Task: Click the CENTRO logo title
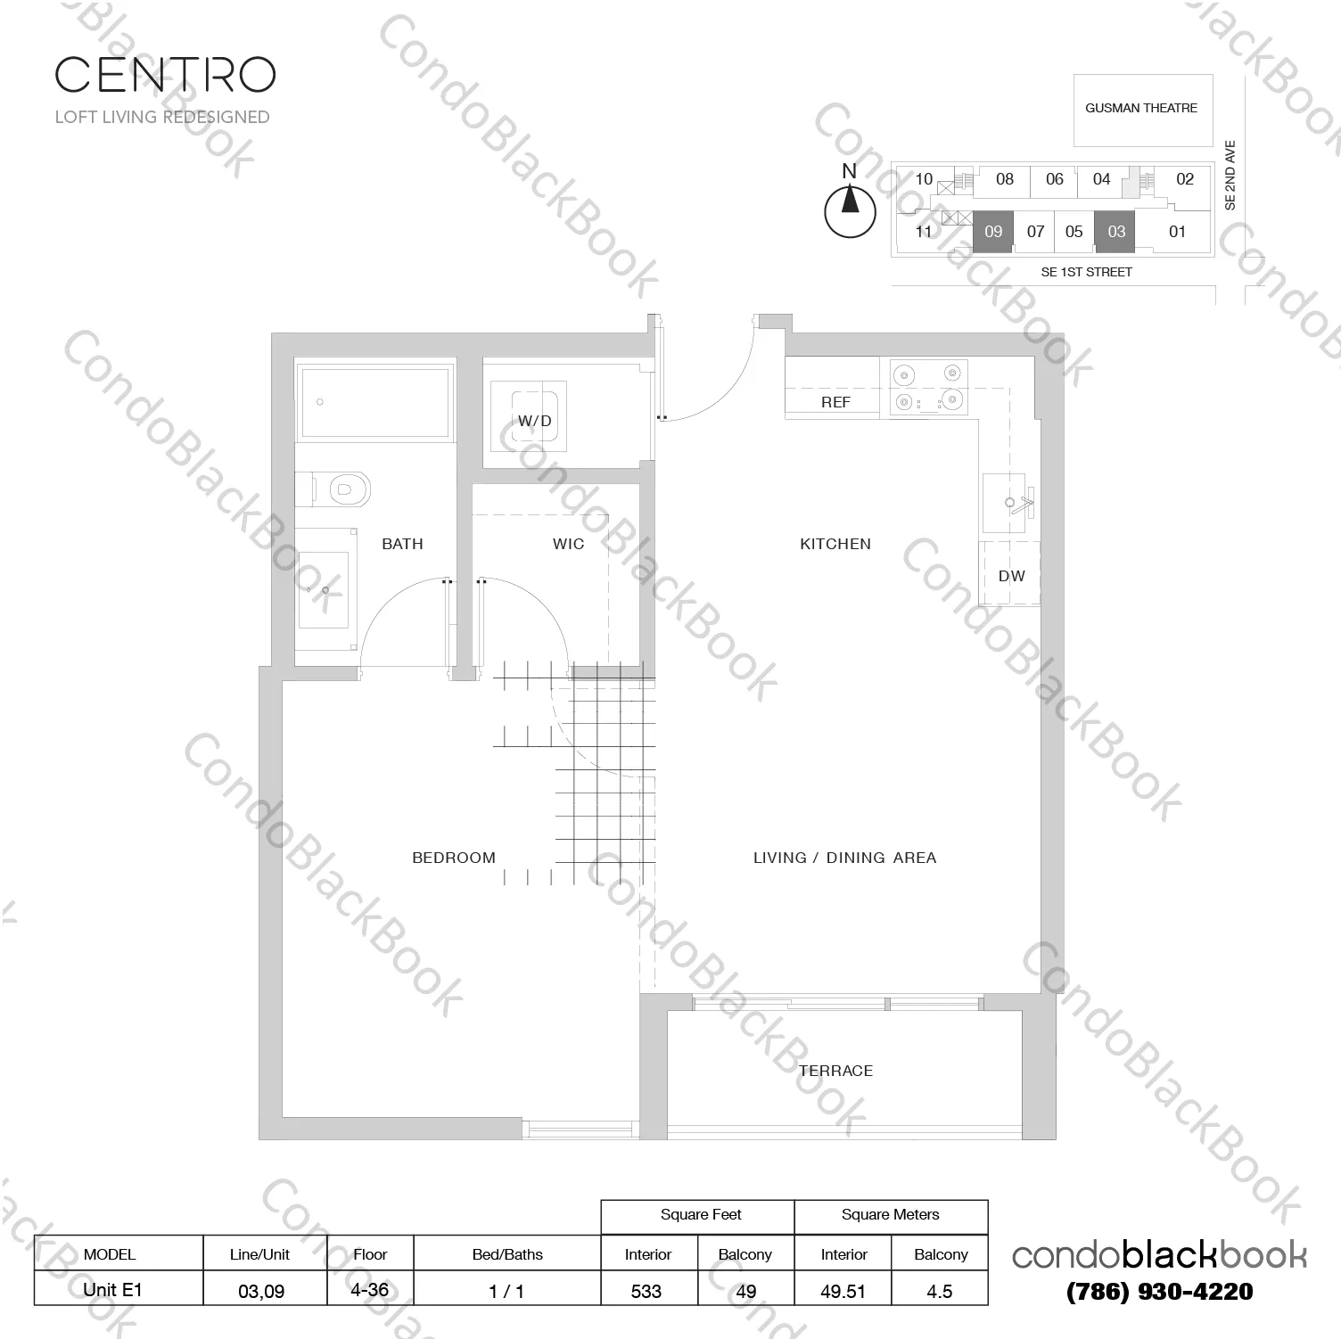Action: coord(165,75)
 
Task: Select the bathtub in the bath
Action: coord(374,402)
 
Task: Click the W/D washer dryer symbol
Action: coord(535,420)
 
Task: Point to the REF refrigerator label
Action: coord(835,402)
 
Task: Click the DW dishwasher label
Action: coord(1011,576)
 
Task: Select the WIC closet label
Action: coord(568,544)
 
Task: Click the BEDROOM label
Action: coord(453,858)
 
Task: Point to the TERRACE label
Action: coord(835,1071)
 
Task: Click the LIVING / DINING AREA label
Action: coord(844,858)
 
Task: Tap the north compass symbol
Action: coord(850,203)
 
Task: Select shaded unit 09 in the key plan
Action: coord(993,232)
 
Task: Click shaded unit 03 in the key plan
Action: coord(1116,232)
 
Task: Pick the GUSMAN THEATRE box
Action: coord(1142,109)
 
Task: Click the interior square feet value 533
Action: coord(646,1290)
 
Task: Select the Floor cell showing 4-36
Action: coord(370,1289)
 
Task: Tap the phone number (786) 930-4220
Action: coord(1160,1291)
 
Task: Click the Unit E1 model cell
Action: coord(112,1289)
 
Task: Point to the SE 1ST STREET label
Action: coord(1086,272)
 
